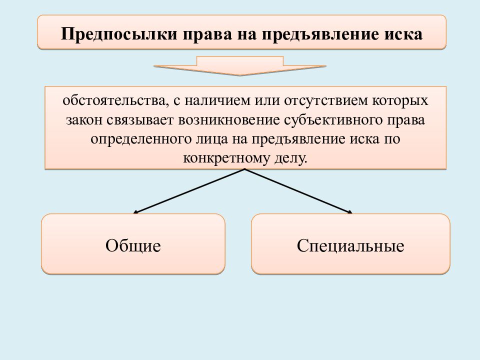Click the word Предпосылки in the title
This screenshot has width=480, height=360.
pyautogui.click(x=119, y=34)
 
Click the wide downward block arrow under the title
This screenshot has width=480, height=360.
pyautogui.click(x=240, y=65)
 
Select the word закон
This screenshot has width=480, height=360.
pyautogui.click(x=84, y=120)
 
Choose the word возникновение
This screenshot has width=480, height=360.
pyautogui.click(x=229, y=120)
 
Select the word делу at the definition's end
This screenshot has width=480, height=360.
pyautogui.click(x=288, y=158)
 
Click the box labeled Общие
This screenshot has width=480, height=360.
pyautogui.click(x=133, y=244)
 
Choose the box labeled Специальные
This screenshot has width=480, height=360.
pyautogui.click(x=350, y=244)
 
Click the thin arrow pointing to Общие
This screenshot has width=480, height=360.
pyautogui.click(x=189, y=191)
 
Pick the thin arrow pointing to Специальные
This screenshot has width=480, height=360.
pyautogui.click(x=298, y=191)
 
